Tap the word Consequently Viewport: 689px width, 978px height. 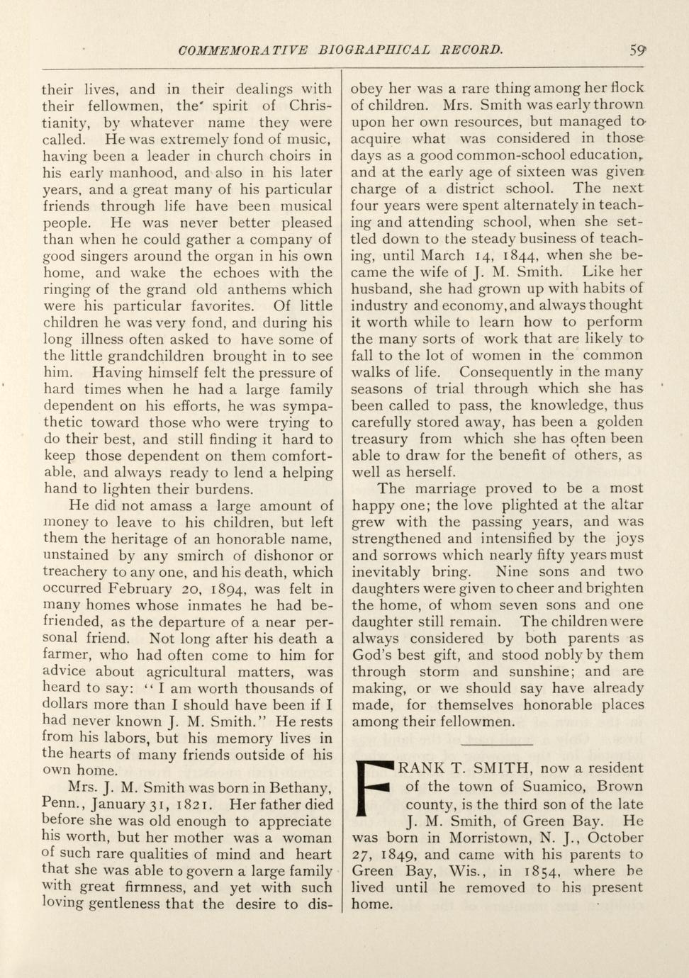[505, 372]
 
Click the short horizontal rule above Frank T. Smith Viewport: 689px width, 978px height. [496, 744]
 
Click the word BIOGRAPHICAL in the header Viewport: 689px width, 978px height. [374, 50]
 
